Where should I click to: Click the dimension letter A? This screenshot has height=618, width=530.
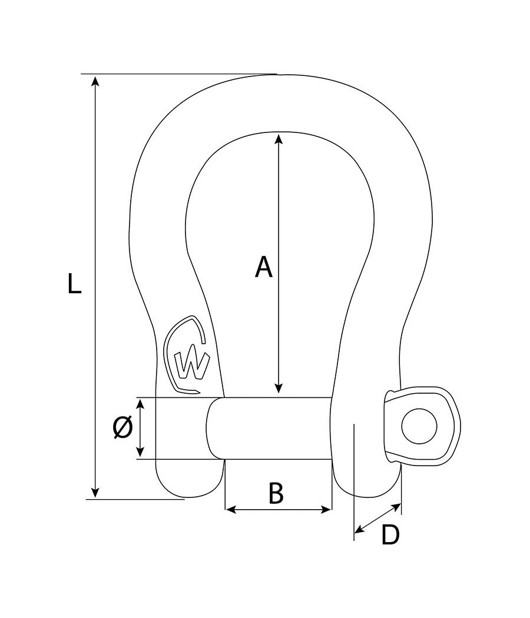[x=264, y=267]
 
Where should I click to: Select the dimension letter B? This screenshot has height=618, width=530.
[x=276, y=494]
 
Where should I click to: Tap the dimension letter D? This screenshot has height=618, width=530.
[x=390, y=535]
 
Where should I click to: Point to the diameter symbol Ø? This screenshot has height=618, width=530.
[x=122, y=427]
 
